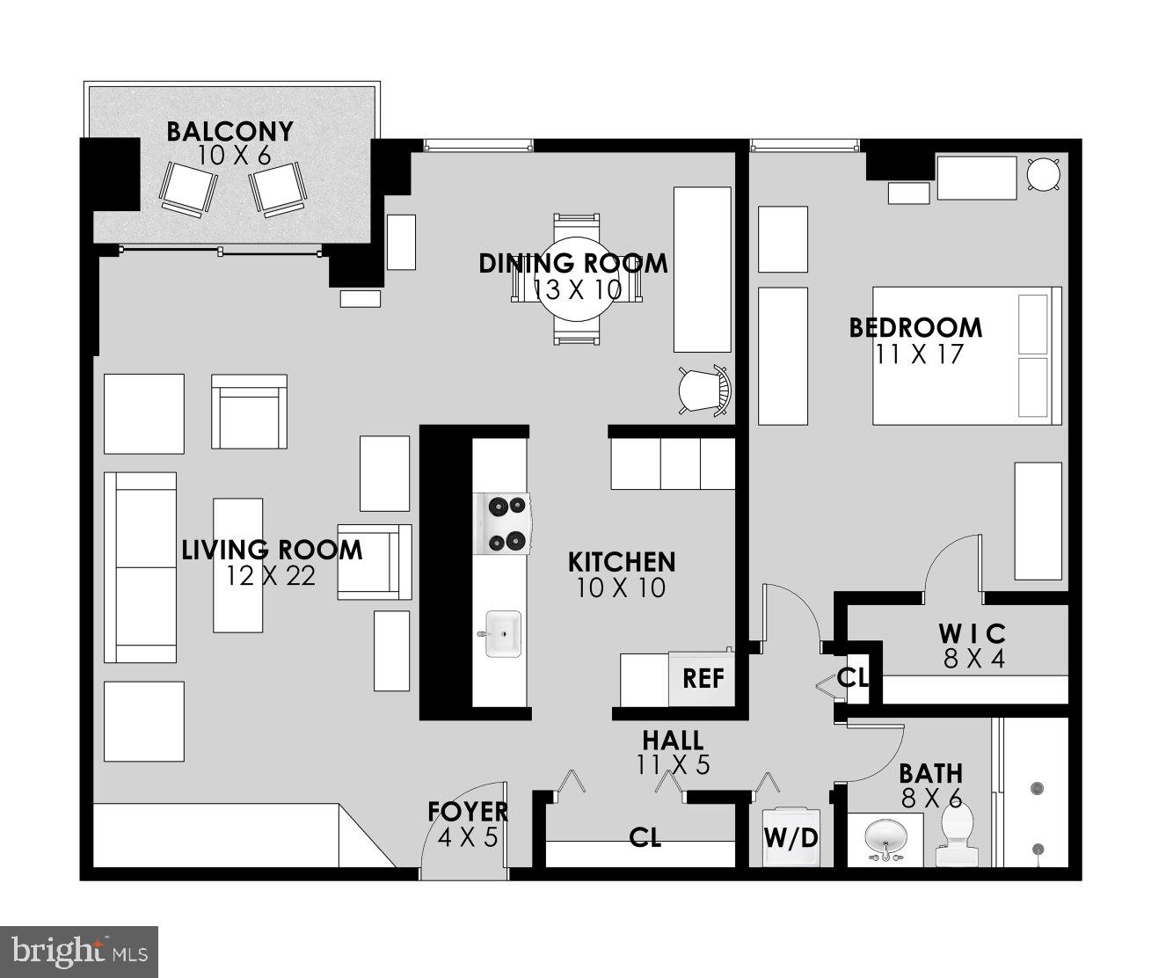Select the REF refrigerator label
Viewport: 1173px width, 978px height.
(x=703, y=678)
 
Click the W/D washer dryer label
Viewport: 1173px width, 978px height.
(x=790, y=836)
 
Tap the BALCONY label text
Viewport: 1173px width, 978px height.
(x=229, y=132)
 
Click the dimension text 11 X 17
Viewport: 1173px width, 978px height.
(x=919, y=354)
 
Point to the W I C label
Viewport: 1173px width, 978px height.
(x=971, y=633)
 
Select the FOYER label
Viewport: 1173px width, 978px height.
(x=468, y=812)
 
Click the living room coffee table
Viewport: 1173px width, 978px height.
(x=237, y=565)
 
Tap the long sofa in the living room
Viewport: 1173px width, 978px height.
(x=141, y=567)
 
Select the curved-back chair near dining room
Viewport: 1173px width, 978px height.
(x=704, y=389)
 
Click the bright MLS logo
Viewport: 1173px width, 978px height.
(x=79, y=952)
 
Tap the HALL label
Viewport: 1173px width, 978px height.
(x=672, y=740)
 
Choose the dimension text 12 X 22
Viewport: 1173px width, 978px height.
(x=270, y=575)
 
